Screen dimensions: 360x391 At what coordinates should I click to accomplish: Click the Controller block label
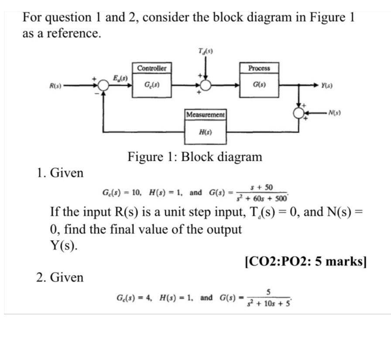coord(151,68)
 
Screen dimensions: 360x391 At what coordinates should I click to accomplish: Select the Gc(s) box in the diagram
coord(151,85)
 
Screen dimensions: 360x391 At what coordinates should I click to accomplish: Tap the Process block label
coord(259,68)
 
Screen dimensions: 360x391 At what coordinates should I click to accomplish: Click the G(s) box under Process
coord(259,85)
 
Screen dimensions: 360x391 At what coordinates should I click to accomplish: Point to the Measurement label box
coord(206,114)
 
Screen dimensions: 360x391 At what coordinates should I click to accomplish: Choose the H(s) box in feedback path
coord(206,131)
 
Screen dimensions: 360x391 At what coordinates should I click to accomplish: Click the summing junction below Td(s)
coord(205,85)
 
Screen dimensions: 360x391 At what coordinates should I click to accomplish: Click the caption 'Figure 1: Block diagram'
coord(195,156)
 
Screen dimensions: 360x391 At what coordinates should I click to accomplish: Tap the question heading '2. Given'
coord(60,277)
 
